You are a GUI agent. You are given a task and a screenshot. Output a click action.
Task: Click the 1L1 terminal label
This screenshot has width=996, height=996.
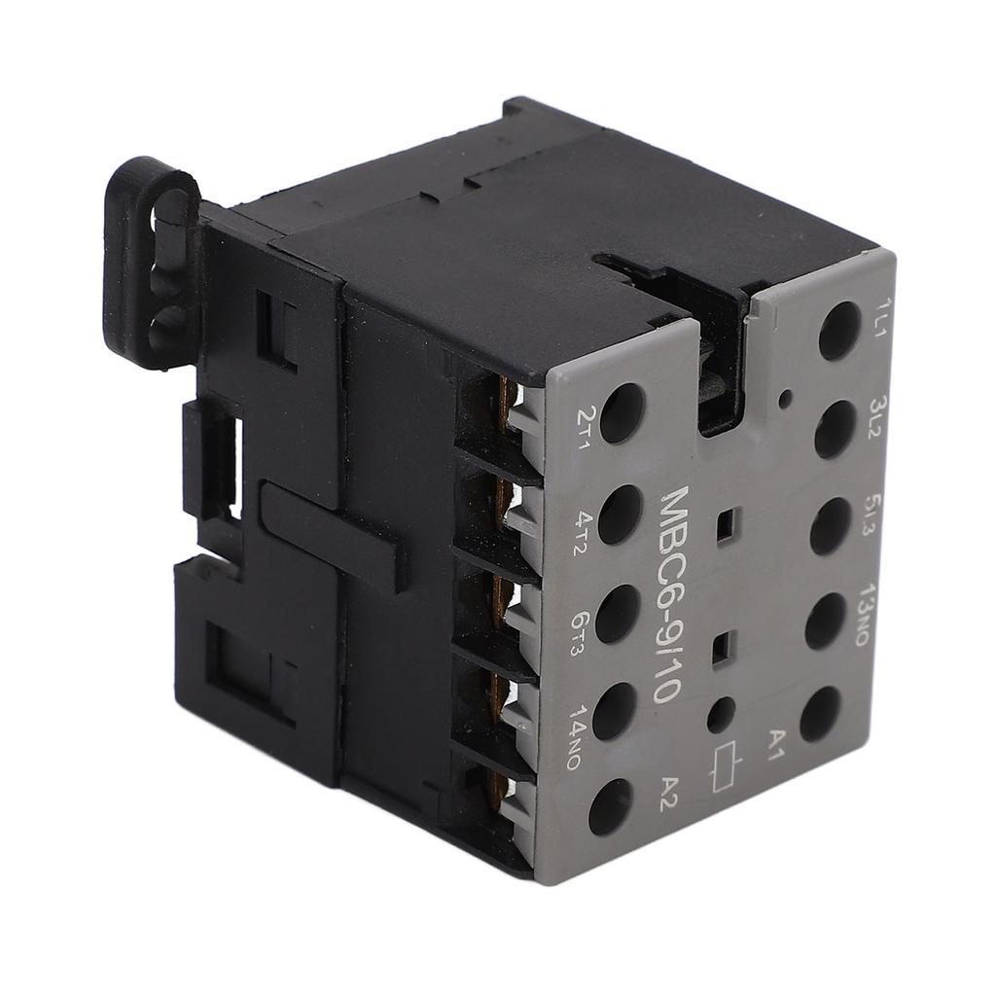[x=884, y=318]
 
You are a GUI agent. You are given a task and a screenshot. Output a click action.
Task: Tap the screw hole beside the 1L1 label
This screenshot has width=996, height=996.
[x=838, y=331]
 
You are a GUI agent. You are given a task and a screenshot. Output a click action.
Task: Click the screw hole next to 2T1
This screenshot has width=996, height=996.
[x=622, y=413]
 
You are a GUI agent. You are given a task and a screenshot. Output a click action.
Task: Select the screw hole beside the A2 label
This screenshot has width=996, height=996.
[x=610, y=806]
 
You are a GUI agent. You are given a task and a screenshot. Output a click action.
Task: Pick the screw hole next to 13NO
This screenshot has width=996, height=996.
[x=825, y=620]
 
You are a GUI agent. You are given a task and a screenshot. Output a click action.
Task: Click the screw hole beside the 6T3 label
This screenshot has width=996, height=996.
[x=617, y=614]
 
